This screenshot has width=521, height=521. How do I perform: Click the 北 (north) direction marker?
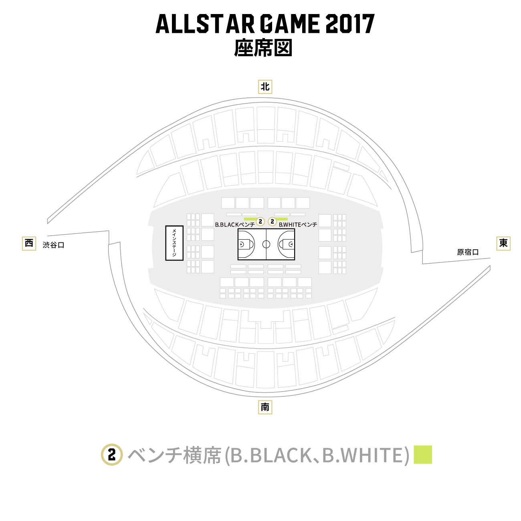[265, 87]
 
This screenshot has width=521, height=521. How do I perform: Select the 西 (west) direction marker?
[29, 243]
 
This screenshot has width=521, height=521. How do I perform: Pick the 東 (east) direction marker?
[503, 243]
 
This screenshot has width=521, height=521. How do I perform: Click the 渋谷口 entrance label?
[54, 245]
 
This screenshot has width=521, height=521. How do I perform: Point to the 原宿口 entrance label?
[468, 252]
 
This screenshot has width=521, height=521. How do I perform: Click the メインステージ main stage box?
[174, 243]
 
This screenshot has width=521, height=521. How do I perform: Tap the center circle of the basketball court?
[267, 244]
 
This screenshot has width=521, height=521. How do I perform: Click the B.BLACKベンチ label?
[235, 224]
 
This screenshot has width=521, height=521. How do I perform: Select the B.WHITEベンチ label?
[298, 224]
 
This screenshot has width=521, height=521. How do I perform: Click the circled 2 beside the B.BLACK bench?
[260, 222]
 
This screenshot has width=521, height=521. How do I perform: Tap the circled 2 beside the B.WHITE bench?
[272, 222]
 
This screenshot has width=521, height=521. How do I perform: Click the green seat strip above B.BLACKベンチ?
[251, 219]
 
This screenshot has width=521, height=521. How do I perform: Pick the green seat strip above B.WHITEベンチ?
[282, 219]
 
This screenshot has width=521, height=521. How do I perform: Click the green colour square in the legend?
[423, 455]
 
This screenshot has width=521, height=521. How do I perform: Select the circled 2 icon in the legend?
[112, 455]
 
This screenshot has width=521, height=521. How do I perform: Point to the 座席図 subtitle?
[263, 48]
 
